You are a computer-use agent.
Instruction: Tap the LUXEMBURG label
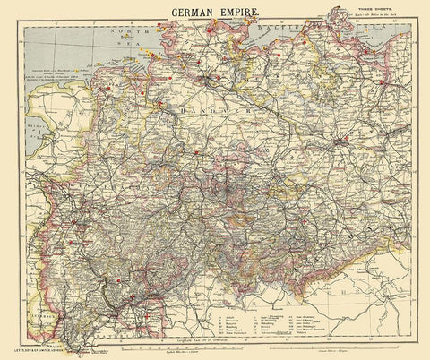[36, 292]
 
